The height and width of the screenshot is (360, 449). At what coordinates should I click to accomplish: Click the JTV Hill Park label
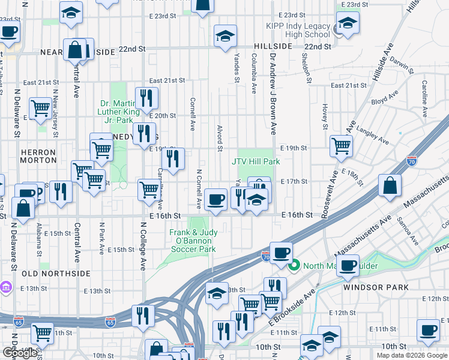click(x=256, y=161)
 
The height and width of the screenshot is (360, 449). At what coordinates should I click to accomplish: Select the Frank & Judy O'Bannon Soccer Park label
click(x=193, y=241)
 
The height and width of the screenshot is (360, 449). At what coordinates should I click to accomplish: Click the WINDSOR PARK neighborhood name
click(x=367, y=287)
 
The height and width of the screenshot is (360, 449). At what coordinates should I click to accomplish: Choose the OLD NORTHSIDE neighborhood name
click(x=56, y=274)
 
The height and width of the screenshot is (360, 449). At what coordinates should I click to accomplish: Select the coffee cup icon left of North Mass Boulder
click(x=280, y=253)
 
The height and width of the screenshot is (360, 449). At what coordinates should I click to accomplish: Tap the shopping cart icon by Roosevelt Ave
click(x=341, y=145)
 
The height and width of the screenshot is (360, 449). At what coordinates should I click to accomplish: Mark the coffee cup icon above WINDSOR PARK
click(x=348, y=265)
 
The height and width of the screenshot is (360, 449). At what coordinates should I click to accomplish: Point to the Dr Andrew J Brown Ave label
click(x=273, y=94)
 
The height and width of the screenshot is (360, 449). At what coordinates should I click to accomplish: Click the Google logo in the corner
click(x=20, y=353)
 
